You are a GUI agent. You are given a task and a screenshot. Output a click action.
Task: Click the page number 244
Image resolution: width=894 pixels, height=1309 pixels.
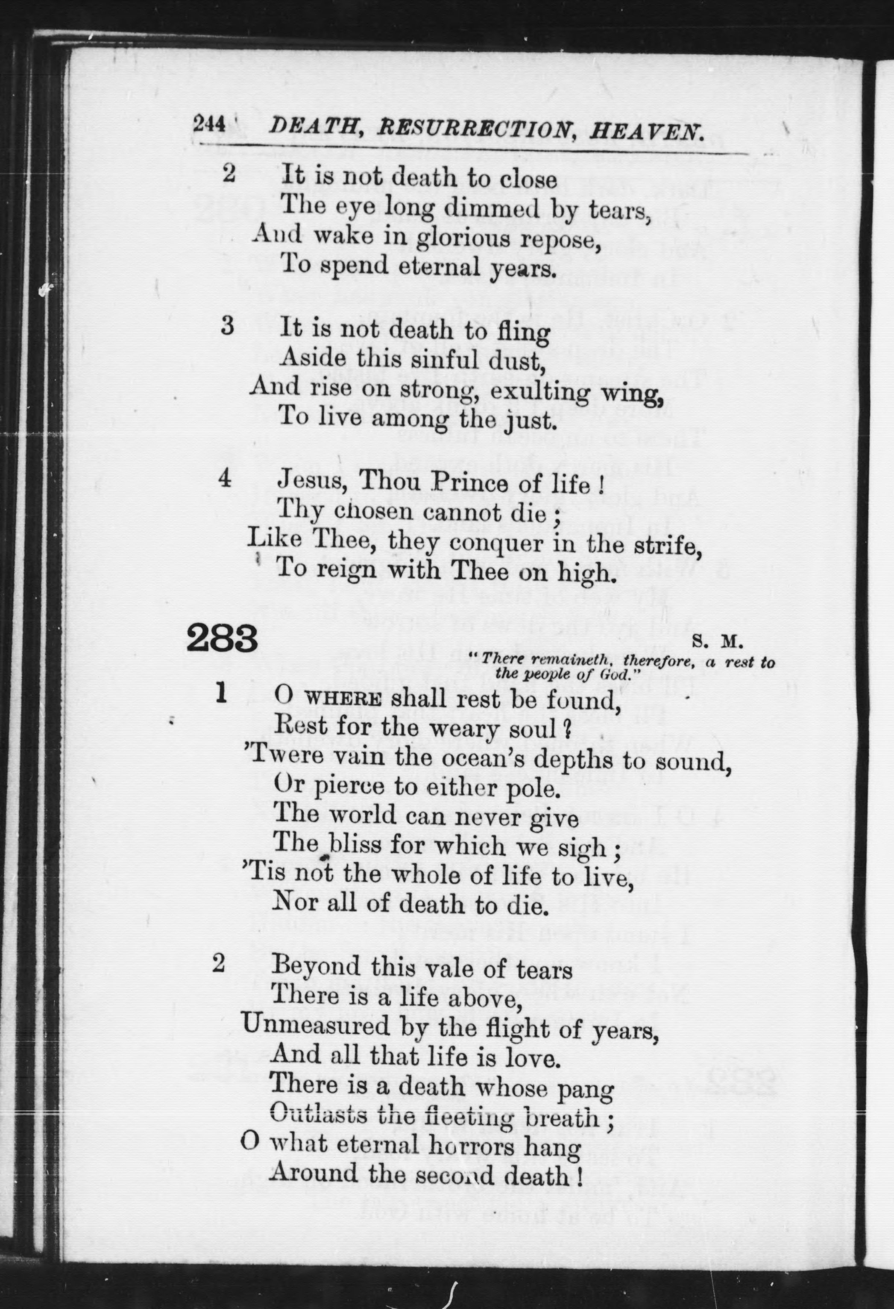(209, 123)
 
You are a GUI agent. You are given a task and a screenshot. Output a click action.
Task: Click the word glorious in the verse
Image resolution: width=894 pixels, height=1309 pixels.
(463, 239)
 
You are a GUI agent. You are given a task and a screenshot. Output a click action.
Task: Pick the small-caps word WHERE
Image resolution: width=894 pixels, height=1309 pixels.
(343, 699)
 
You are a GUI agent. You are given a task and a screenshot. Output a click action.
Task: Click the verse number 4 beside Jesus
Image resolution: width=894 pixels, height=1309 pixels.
(225, 479)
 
